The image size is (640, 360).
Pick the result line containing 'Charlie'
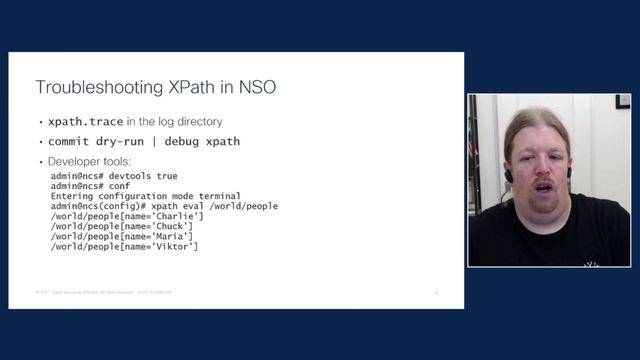126,216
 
